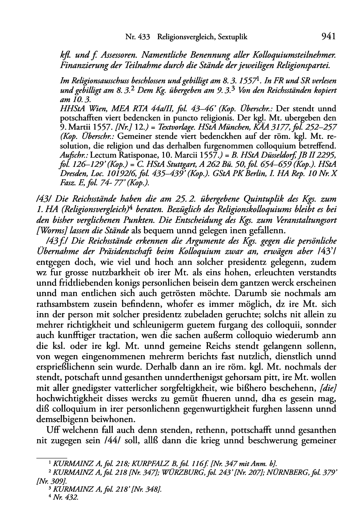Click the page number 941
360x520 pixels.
[327, 37]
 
